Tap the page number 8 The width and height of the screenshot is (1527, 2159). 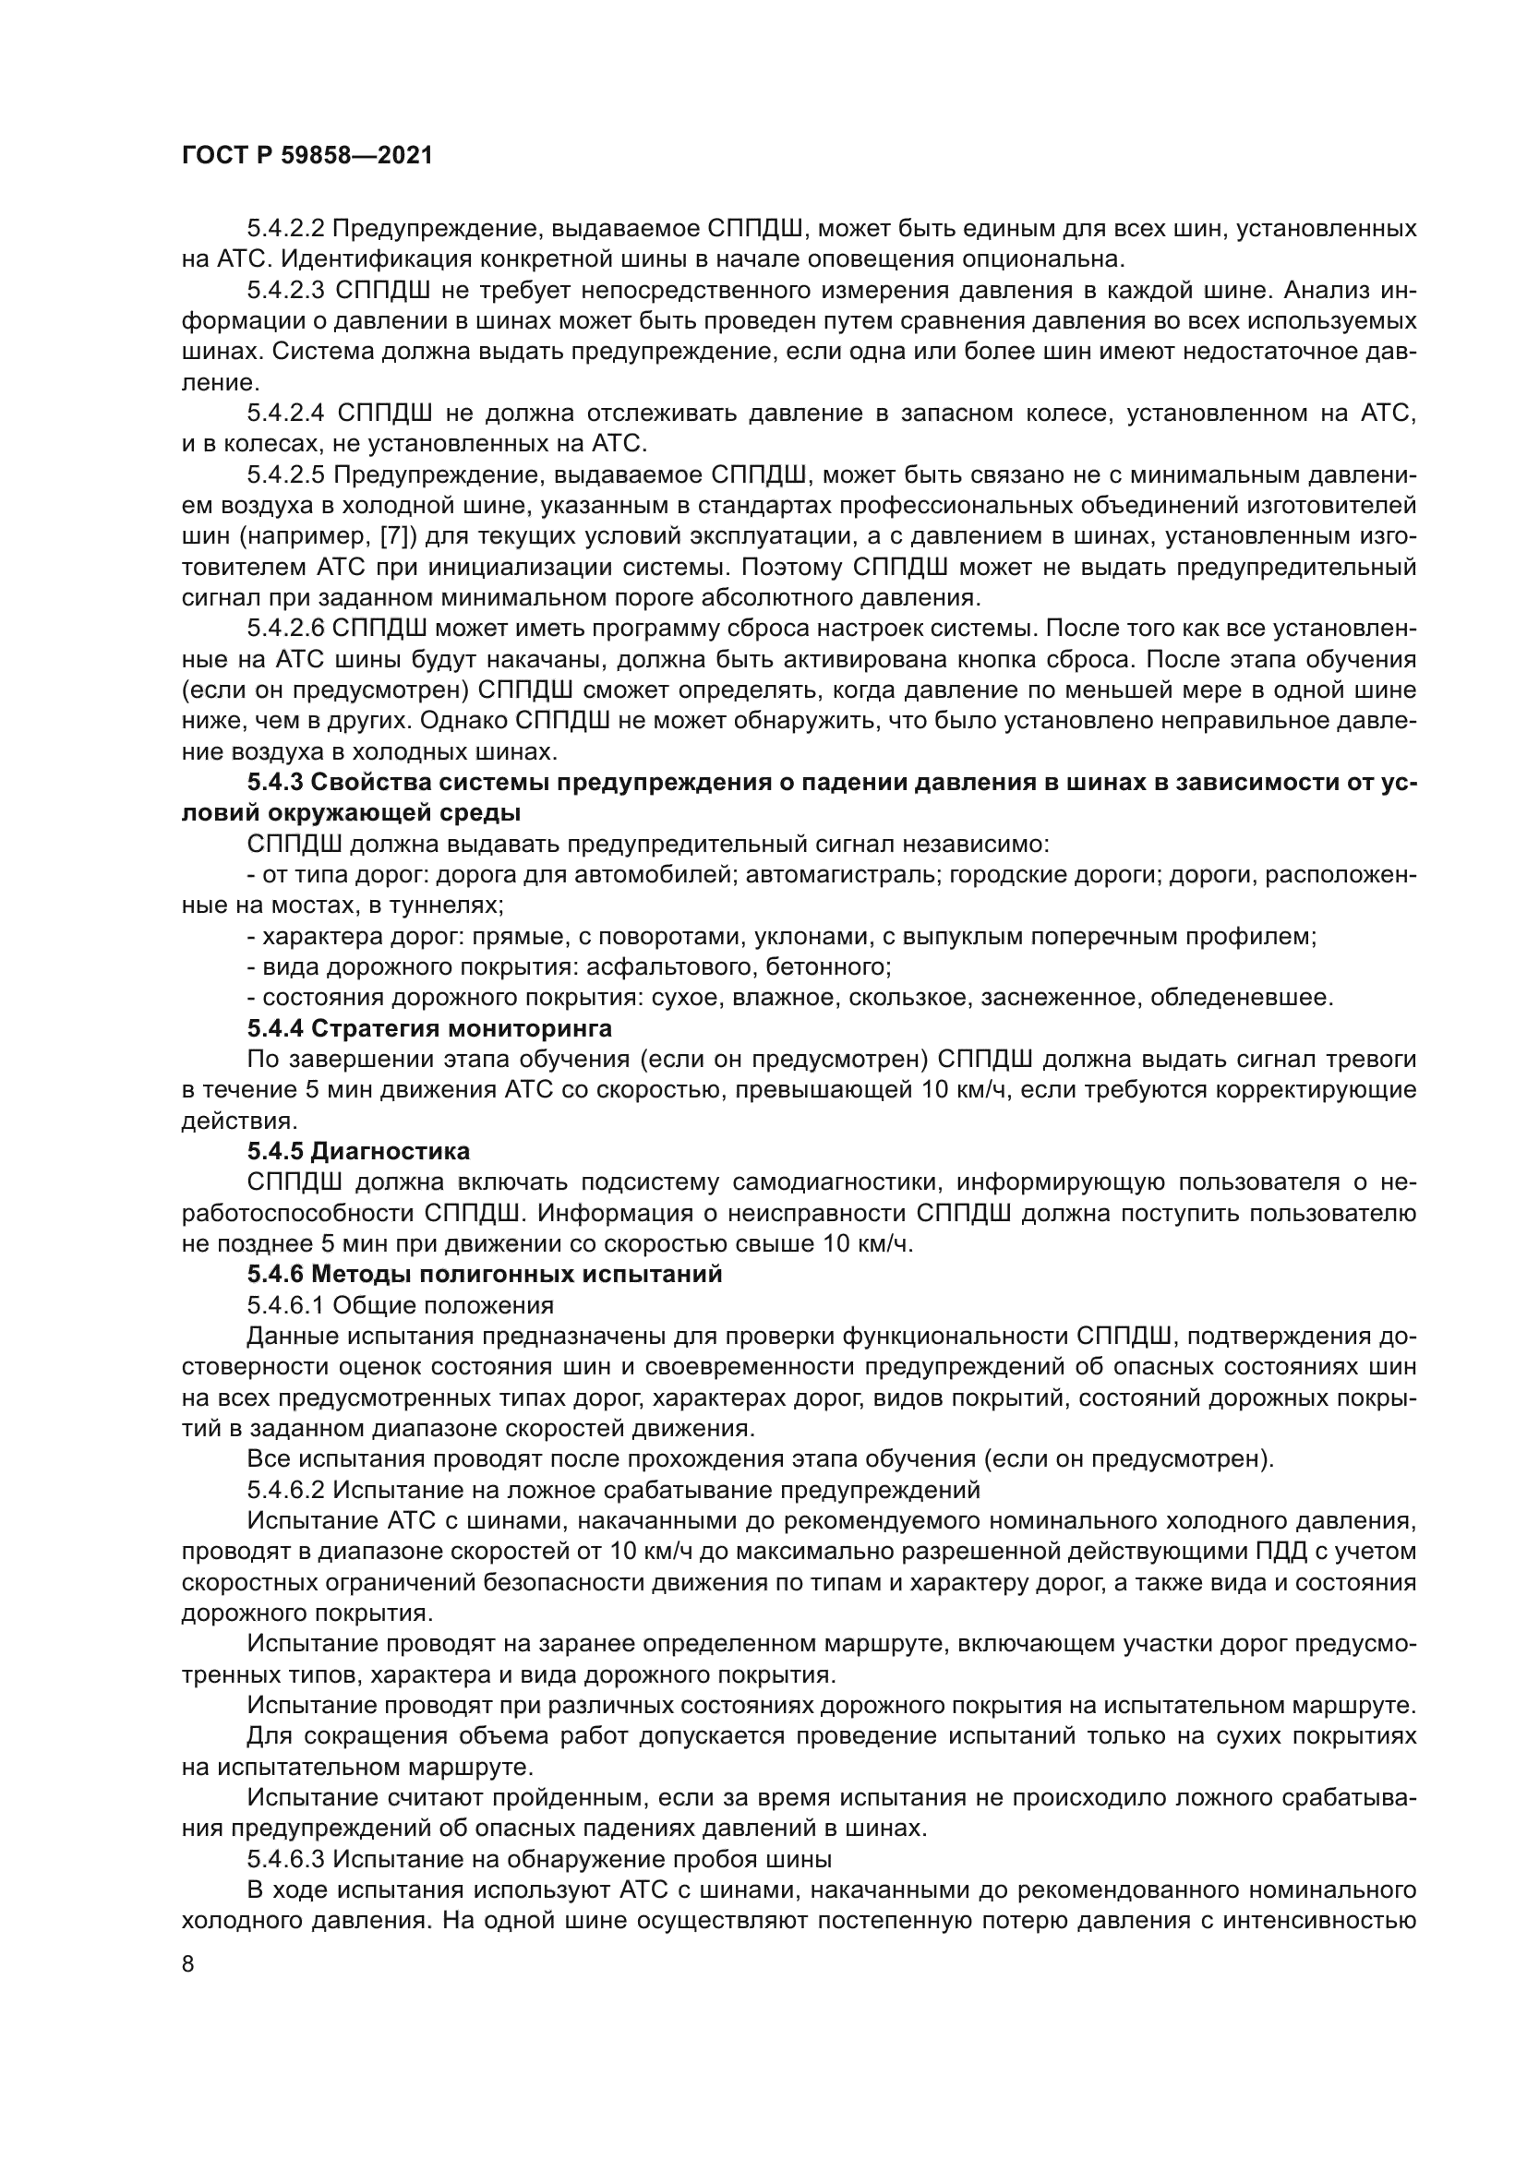coord(188,1965)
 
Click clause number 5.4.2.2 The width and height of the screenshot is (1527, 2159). coord(287,229)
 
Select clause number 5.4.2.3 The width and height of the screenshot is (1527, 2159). coord(287,291)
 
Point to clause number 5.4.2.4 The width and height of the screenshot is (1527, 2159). coord(287,413)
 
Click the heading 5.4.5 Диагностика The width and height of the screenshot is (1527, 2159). coord(358,1151)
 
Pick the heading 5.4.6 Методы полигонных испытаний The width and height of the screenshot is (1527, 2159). coord(485,1274)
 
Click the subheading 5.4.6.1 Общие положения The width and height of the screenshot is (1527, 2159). coord(401,1305)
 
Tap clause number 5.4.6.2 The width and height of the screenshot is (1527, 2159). coord(287,1490)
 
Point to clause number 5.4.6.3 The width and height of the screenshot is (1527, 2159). coord(287,1859)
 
